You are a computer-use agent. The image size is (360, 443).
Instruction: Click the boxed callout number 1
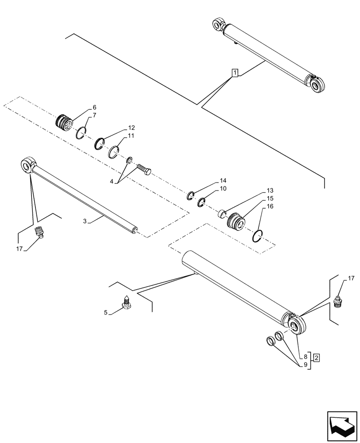[x=235, y=73]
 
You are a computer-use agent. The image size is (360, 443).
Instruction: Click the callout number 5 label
[x=106, y=312]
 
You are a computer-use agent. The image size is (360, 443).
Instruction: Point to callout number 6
[x=94, y=108]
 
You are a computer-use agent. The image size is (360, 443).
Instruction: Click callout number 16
[x=270, y=207]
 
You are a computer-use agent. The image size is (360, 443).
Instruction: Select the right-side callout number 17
[x=351, y=278]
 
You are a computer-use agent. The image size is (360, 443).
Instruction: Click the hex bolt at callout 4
[x=145, y=169]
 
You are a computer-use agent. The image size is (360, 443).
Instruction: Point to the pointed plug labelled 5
[x=126, y=303]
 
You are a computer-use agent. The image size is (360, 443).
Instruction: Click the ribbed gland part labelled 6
[x=65, y=122]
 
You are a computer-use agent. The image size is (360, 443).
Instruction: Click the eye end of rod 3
[x=27, y=165]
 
